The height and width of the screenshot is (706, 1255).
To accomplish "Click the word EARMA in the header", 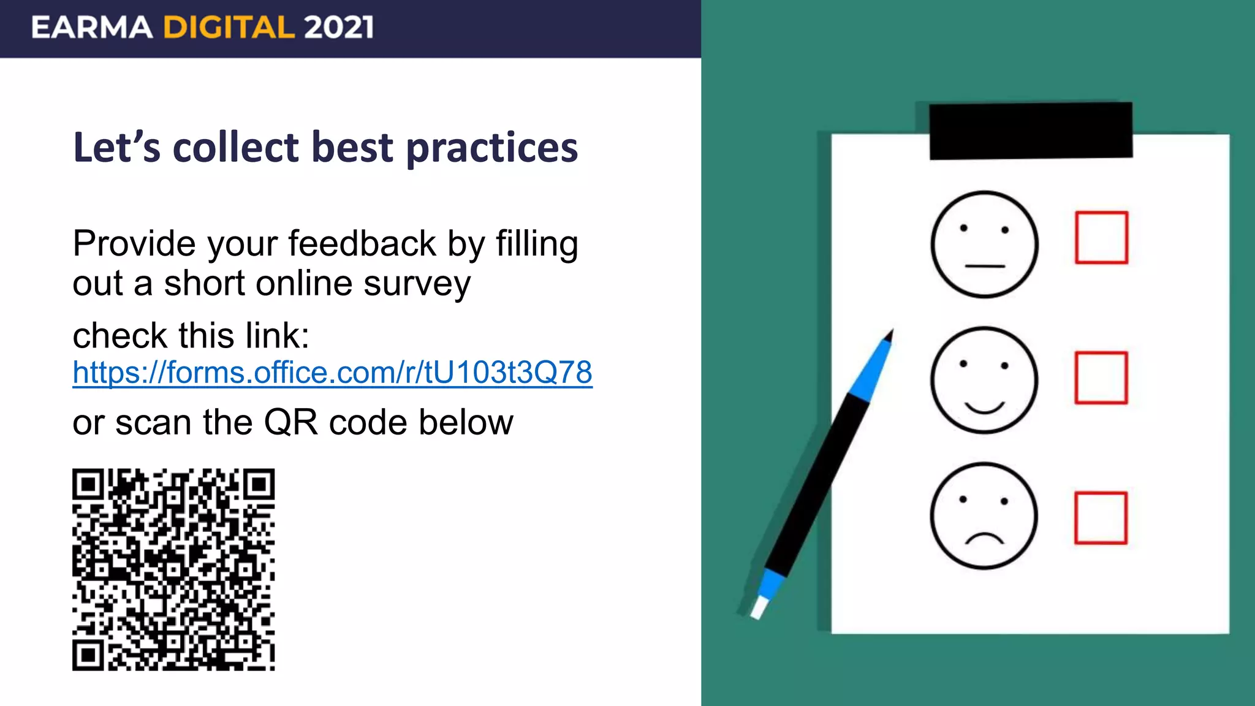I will pos(92,28).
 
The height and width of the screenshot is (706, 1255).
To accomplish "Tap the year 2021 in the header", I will pos(338,28).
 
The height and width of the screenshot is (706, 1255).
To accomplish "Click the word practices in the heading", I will pos(491,148).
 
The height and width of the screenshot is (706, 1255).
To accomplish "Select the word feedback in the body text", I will pos(362,244).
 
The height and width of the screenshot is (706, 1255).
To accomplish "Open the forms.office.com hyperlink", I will pos(332,373).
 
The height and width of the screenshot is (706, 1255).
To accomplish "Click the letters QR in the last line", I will pos(290,423).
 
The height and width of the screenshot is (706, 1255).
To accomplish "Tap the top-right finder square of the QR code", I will pos(259,484).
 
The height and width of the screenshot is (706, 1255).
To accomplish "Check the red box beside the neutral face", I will pos(1101,238).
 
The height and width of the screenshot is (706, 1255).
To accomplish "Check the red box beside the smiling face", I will pos(1101,378).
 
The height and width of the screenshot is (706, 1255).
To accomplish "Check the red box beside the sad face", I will pos(1101,518).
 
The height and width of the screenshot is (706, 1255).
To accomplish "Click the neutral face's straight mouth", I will pos(985,266).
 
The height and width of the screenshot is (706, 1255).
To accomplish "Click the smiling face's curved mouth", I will pos(984,408).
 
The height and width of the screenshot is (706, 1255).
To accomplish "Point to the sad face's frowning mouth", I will pos(984,539).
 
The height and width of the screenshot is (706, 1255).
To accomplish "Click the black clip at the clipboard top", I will pos(1031,131).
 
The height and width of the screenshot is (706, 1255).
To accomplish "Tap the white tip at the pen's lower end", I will pos(759,608).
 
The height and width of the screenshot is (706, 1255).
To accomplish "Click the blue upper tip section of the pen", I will pos(873,368).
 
